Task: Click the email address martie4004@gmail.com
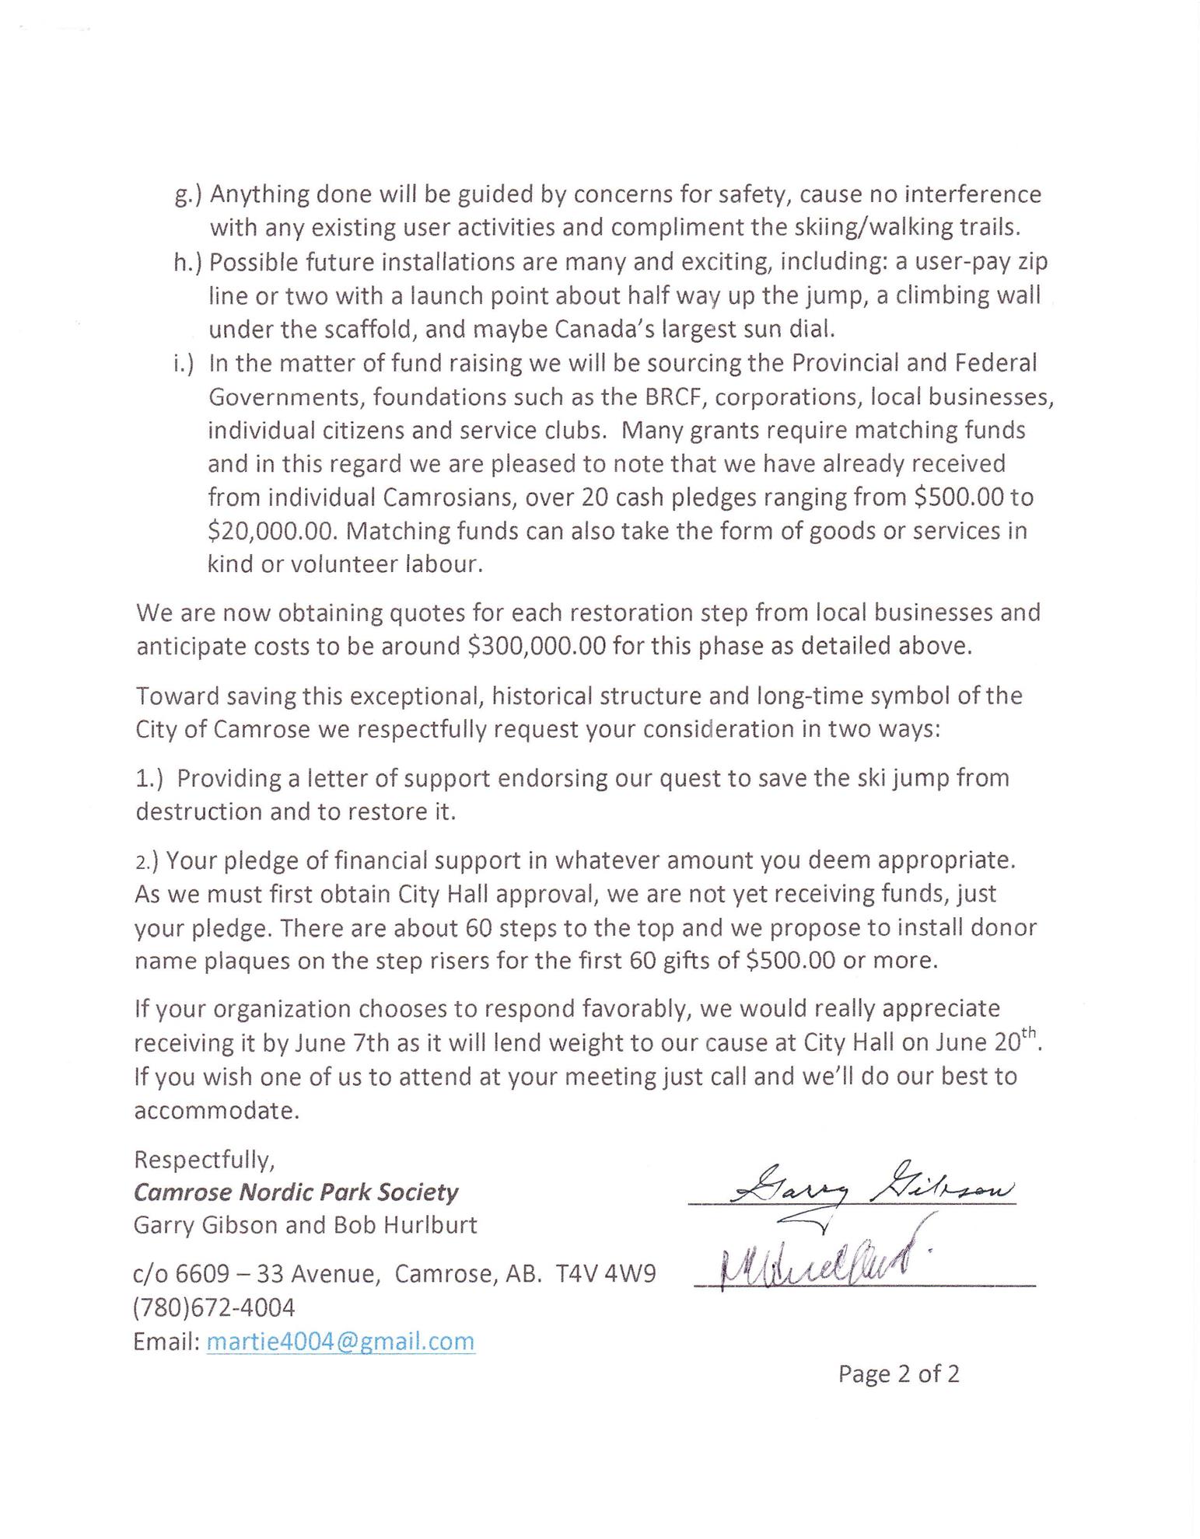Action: point(341,1342)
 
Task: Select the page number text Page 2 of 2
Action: point(898,1374)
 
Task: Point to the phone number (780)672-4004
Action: point(215,1308)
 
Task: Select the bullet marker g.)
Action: point(188,194)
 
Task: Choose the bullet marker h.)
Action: point(188,262)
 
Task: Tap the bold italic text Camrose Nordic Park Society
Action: point(296,1192)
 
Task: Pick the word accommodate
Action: point(216,1111)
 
